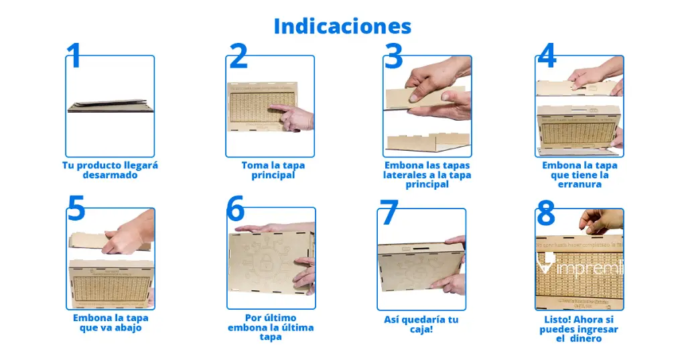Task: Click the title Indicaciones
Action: tap(342, 26)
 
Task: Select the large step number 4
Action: tap(547, 56)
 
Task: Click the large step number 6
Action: tap(235, 209)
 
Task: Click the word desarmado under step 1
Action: tap(110, 175)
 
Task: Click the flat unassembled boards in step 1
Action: tap(109, 107)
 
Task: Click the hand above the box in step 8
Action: tap(600, 220)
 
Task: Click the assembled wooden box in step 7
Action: tap(419, 267)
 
